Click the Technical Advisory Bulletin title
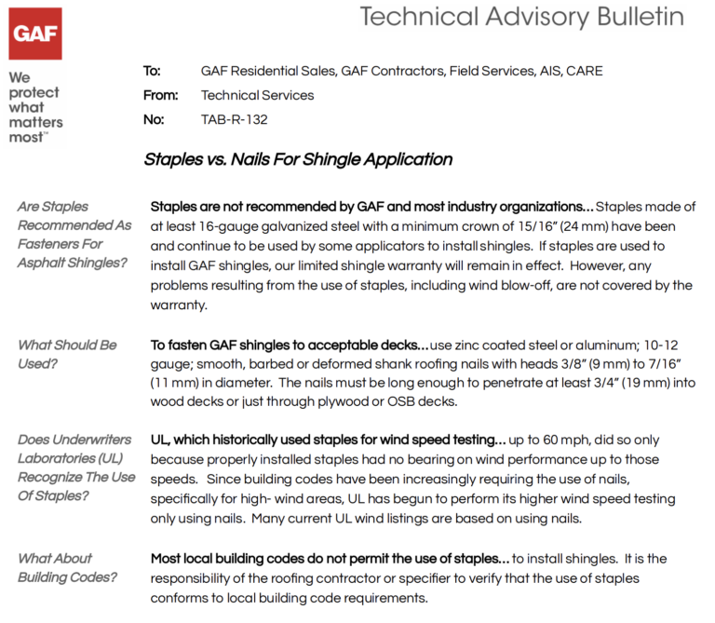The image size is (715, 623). pyautogui.click(x=521, y=17)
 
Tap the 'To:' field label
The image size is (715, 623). pyautogui.click(x=152, y=71)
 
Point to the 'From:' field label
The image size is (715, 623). pyautogui.click(x=160, y=95)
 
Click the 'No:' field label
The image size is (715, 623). pyautogui.click(x=154, y=119)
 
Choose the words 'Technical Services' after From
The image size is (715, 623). pyautogui.click(x=258, y=95)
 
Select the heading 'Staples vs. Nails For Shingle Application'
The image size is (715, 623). pyautogui.click(x=298, y=159)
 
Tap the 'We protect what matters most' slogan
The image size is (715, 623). pyautogui.click(x=35, y=107)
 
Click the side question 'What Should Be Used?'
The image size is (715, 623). pyautogui.click(x=67, y=354)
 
